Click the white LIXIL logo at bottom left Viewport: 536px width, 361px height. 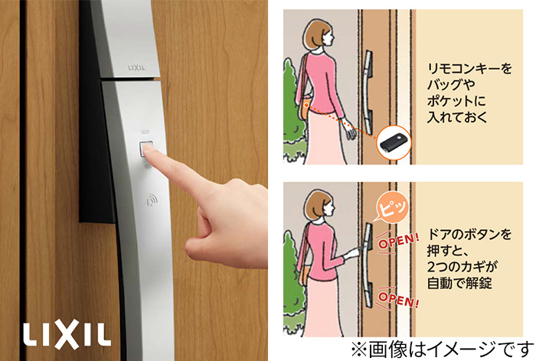67,334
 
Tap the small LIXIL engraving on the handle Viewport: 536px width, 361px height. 136,67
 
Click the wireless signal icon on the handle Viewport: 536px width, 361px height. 152,199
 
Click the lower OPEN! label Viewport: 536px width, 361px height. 398,299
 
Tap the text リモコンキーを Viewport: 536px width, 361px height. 469,68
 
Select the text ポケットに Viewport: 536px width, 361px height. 456,101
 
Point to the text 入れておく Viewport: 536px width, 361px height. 457,117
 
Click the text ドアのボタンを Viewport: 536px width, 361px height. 469,234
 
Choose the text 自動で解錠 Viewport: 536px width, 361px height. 459,283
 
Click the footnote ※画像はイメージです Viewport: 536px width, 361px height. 443,350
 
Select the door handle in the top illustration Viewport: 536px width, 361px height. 368,93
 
